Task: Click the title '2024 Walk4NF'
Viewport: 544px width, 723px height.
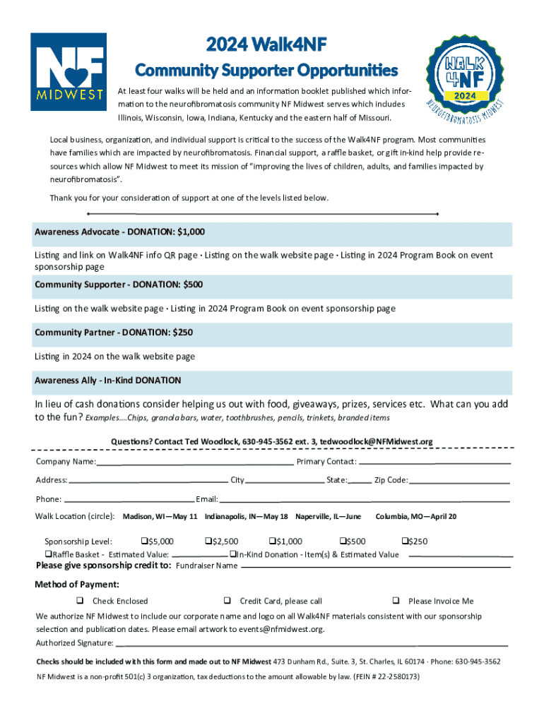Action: pos(266,46)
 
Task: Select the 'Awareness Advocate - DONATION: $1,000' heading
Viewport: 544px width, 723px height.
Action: pos(120,232)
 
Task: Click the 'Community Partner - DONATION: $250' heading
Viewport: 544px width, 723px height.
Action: pos(114,332)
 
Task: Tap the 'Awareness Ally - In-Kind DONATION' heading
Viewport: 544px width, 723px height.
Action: pos(108,381)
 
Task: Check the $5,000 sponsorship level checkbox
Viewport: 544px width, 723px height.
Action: pos(145,542)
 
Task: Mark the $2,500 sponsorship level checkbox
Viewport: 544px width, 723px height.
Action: pos(208,542)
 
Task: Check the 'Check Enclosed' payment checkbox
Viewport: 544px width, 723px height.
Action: pos(80,601)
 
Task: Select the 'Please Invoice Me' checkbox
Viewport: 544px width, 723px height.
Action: pos(396,601)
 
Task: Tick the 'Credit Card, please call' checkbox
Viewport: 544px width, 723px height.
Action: pos(227,601)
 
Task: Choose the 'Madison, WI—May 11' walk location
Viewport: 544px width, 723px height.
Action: pos(160,517)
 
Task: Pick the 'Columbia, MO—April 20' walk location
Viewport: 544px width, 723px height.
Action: pos(415,517)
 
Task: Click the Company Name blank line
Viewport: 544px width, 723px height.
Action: pos(195,463)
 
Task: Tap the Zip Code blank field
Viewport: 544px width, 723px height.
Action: pos(459,482)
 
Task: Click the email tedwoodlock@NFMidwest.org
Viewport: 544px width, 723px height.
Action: pos(376,441)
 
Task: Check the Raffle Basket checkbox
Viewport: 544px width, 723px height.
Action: pos(49,554)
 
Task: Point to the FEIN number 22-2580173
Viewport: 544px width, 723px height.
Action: pos(394,676)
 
